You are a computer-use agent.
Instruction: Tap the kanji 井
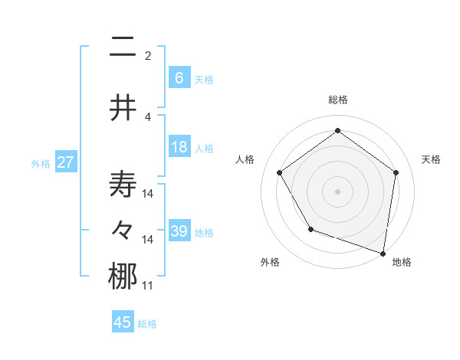(123, 108)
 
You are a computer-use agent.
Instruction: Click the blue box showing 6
(179, 77)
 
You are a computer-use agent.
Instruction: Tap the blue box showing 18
(179, 147)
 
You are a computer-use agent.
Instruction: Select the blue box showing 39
(179, 231)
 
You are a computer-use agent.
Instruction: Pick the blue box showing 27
(65, 162)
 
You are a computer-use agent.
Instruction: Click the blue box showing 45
(123, 322)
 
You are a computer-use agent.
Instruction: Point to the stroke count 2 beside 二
(148, 55)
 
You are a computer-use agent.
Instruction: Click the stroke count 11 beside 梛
(148, 286)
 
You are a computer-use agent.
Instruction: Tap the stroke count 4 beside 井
(148, 116)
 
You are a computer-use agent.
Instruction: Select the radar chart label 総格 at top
(338, 100)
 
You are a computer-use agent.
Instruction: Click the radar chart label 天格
(431, 159)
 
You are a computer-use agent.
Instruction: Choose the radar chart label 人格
(245, 159)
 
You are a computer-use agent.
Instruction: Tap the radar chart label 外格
(270, 262)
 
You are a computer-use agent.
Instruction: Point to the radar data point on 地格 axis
(383, 253)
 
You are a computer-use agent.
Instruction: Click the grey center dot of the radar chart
(338, 191)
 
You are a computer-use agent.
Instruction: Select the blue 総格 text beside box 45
(147, 324)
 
